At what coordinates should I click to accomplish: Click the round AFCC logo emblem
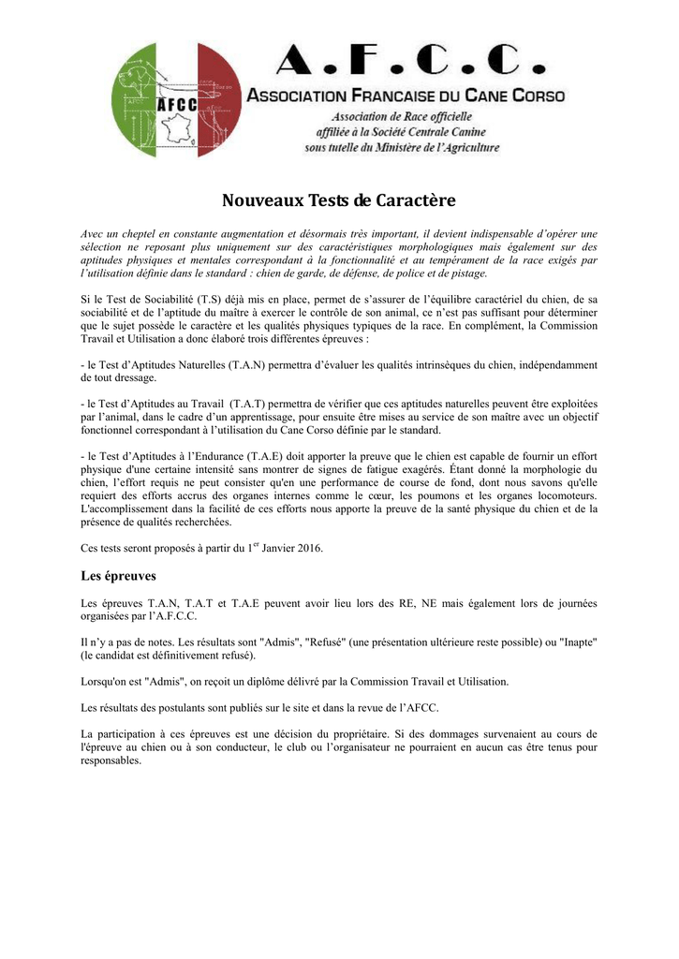176,99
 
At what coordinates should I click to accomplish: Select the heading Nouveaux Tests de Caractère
338,200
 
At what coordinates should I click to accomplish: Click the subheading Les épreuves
118,575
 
